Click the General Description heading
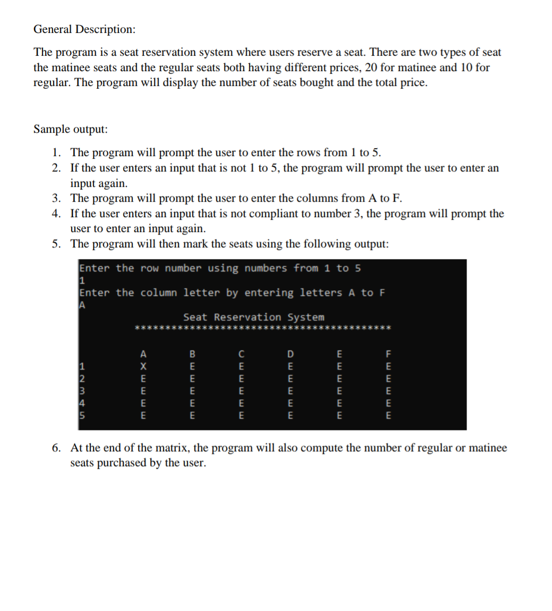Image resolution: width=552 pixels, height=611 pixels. [84, 30]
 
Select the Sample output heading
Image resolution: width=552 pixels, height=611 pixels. [70, 129]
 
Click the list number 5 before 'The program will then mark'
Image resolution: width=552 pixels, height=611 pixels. [56, 244]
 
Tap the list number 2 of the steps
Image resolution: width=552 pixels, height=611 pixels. [56, 168]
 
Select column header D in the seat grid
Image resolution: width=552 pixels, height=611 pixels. [290, 354]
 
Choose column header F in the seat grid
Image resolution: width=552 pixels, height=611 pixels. [388, 354]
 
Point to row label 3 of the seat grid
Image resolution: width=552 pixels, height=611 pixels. [82, 391]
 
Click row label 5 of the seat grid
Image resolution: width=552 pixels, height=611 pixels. [82, 416]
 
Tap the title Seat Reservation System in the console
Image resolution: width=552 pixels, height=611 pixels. [253, 317]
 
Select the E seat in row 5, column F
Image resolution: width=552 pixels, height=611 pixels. [388, 416]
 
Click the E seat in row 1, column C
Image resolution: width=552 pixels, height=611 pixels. [241, 366]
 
